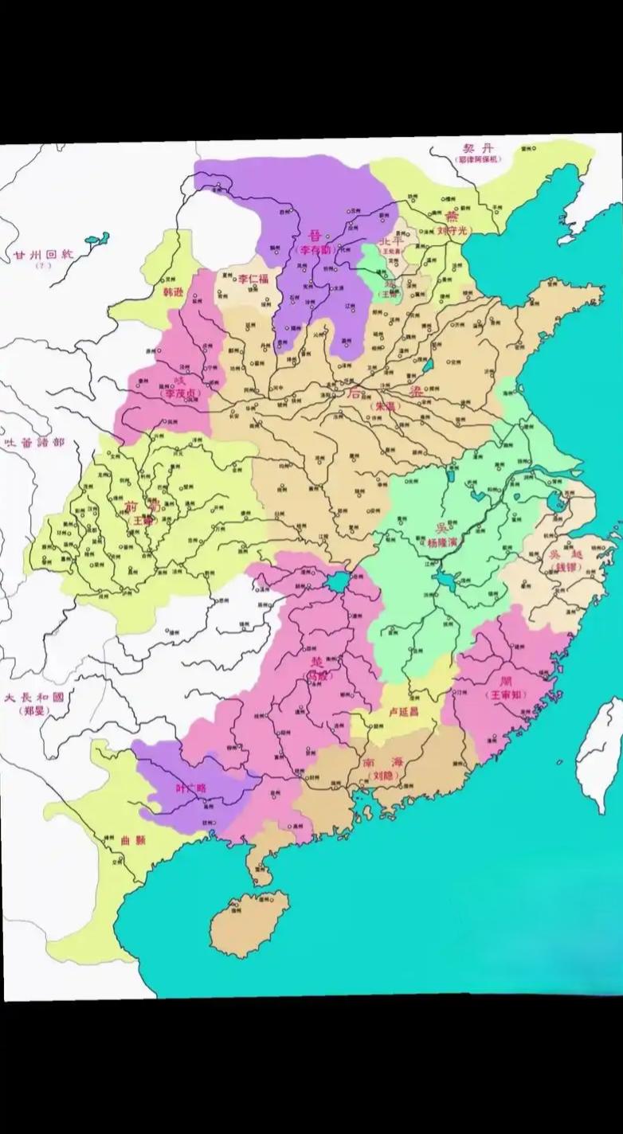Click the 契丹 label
click(x=477, y=149)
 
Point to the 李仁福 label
click(x=254, y=280)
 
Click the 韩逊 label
click(x=174, y=293)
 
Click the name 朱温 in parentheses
click(x=384, y=406)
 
